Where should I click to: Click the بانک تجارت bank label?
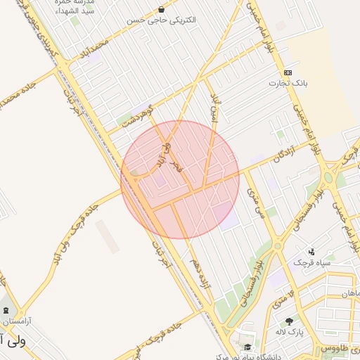click(288, 83)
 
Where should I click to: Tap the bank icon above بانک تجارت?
click(288, 72)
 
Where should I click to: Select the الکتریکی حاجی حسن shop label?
click(162, 20)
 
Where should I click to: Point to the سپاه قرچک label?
click(311, 262)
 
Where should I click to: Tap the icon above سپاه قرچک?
click(311, 252)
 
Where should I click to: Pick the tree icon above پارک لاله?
click(289, 321)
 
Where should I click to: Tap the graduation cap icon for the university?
click(247, 347)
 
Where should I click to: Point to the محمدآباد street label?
click(96, 50)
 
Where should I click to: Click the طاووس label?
click(335, 348)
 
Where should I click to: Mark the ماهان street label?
click(349, 292)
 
